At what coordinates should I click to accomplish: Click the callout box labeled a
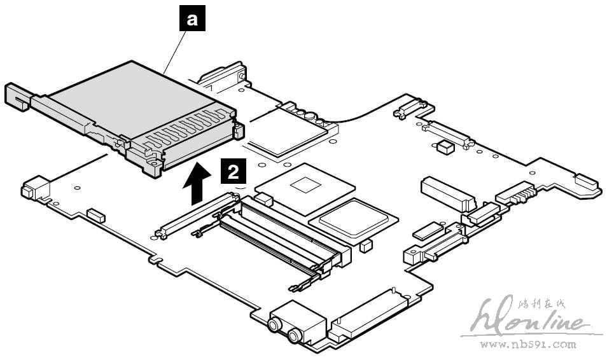coord(192,20)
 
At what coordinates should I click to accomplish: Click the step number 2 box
coord(234,172)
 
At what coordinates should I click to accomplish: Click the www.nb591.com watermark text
coord(527,345)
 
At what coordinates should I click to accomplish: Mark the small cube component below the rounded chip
coord(365,246)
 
